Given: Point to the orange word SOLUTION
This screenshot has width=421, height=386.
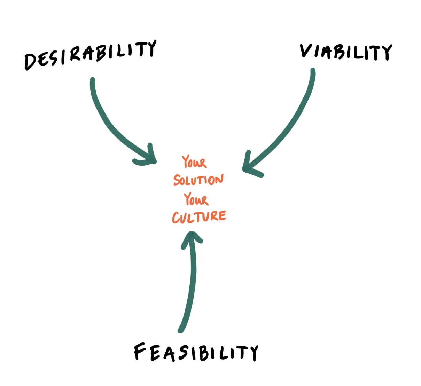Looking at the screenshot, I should coord(198,180).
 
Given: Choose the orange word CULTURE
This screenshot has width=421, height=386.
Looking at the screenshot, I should coord(199,216).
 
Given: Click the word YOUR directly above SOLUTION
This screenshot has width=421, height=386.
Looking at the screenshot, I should coord(194,162).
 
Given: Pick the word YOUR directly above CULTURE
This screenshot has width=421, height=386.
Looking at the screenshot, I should coord(196,199).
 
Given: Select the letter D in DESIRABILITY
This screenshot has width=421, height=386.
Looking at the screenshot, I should coord(31,62).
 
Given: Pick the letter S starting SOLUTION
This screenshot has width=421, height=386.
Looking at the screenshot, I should coord(177,180).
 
